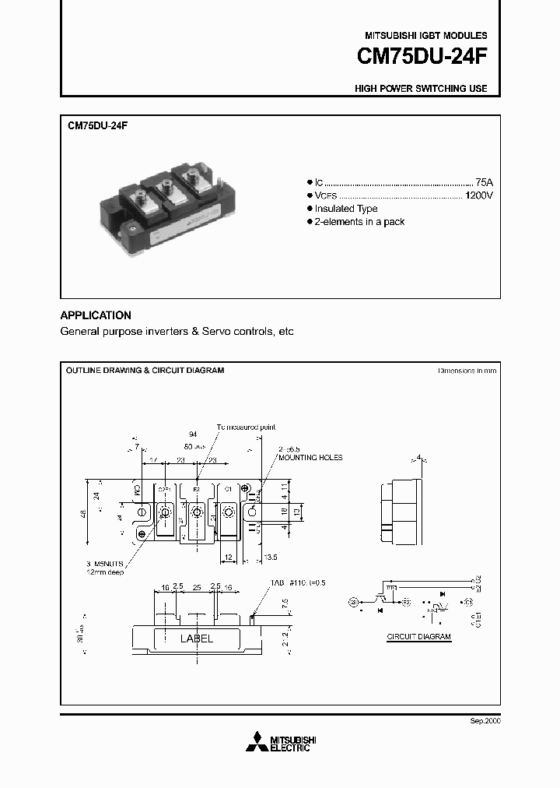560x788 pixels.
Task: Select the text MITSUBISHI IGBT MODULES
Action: [x=425, y=36]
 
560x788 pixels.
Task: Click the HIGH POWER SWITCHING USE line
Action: [x=421, y=89]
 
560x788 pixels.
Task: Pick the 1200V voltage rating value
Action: [x=478, y=195]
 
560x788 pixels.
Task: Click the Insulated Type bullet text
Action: [x=345, y=209]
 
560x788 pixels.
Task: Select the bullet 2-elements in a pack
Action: [x=359, y=222]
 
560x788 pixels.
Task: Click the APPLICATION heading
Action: [x=96, y=315]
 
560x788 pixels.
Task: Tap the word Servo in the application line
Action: [x=215, y=332]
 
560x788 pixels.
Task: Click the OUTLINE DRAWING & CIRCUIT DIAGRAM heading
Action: [x=145, y=371]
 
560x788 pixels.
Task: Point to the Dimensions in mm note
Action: [x=467, y=371]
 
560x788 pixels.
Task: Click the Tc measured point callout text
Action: [x=246, y=427]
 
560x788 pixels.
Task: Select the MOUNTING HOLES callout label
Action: [x=310, y=458]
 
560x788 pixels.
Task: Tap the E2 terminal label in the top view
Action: [x=197, y=490]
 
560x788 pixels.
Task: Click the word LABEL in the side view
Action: [x=197, y=638]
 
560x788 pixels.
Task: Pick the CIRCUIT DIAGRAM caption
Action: [x=419, y=636]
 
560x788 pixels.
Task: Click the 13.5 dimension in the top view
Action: [x=271, y=558]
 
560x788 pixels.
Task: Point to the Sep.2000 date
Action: [x=485, y=722]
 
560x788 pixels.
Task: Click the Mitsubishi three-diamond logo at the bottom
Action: [x=255, y=743]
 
